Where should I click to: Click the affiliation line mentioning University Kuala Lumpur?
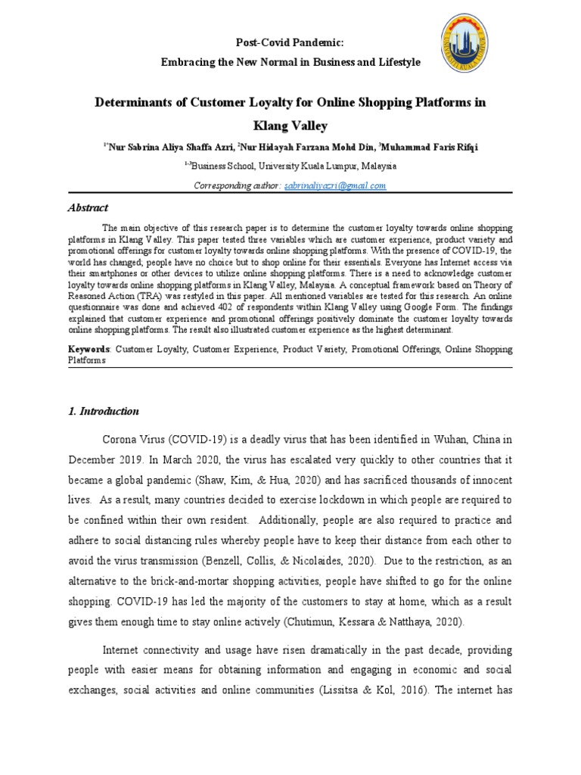pos(290,166)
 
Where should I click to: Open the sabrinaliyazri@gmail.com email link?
pos(335,185)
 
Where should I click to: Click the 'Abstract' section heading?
pos(89,207)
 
